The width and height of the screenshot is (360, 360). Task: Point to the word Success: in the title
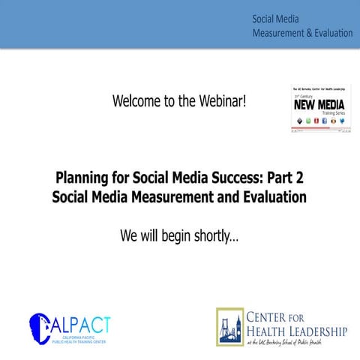coord(225,178)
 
